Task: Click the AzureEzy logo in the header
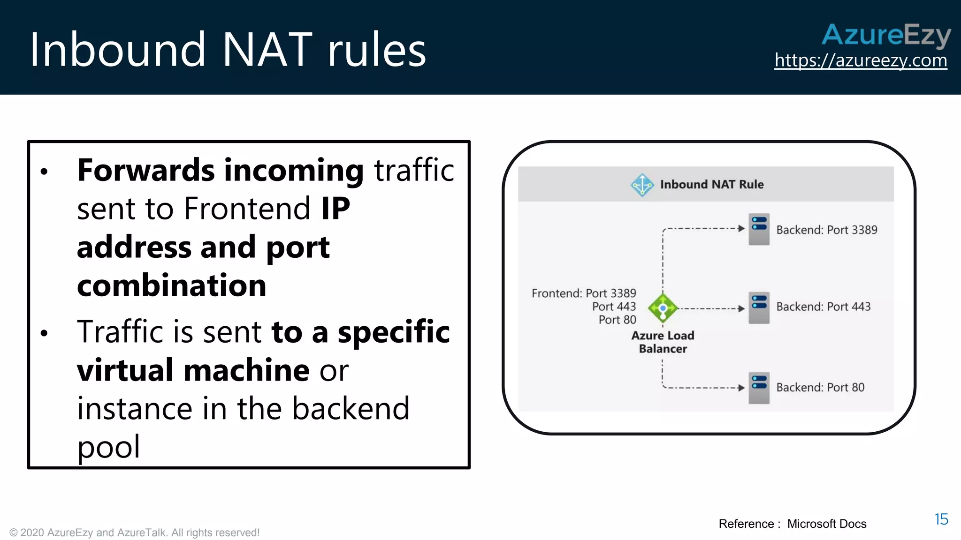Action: click(x=886, y=35)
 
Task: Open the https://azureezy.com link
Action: click(x=861, y=60)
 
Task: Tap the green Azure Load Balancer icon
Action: click(x=663, y=308)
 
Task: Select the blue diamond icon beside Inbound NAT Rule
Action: click(x=642, y=185)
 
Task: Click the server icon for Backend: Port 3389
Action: click(x=759, y=229)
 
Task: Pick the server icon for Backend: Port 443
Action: click(x=759, y=307)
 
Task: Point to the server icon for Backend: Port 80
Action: click(x=759, y=388)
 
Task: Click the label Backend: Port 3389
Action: click(x=826, y=230)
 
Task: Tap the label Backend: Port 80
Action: click(x=820, y=388)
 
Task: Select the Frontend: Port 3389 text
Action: click(x=584, y=293)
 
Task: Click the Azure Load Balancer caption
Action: click(x=663, y=342)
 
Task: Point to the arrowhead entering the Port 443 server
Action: click(x=741, y=308)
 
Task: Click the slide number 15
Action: click(x=941, y=519)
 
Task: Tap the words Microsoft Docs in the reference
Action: click(x=826, y=524)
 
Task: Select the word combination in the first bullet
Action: click(x=172, y=285)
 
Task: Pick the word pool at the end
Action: click(x=108, y=447)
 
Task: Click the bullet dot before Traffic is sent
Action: click(x=44, y=333)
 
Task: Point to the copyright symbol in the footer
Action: click(x=14, y=533)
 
